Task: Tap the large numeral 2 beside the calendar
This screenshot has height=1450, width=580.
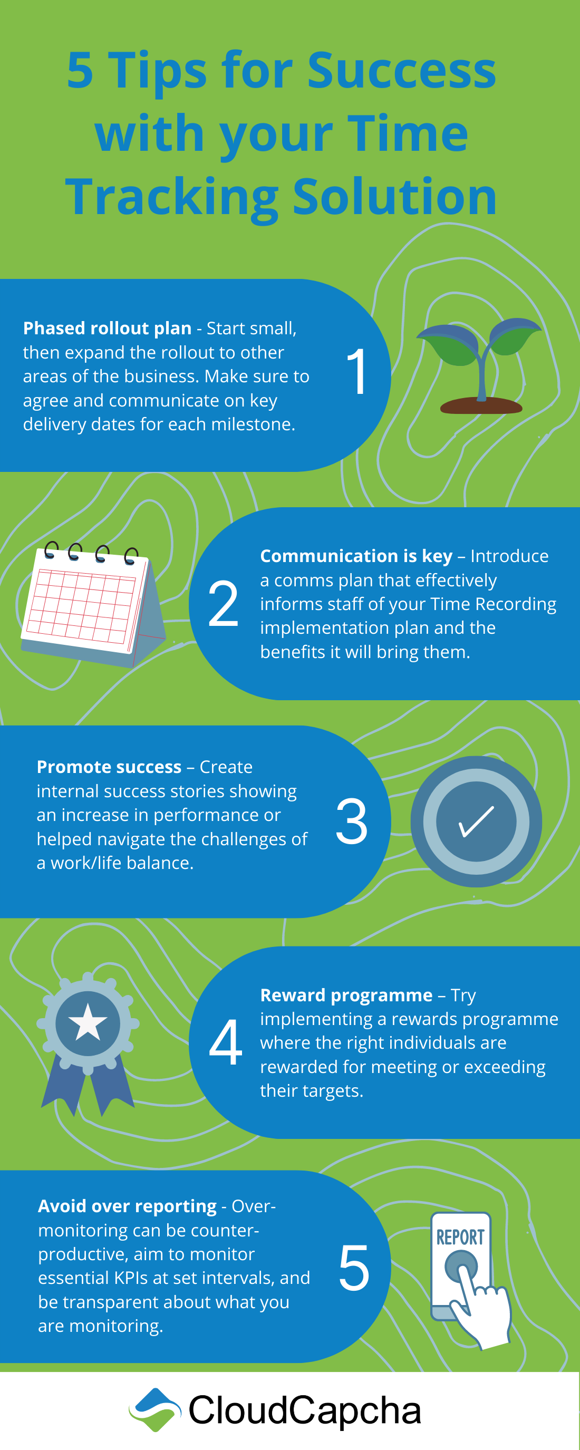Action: click(x=223, y=603)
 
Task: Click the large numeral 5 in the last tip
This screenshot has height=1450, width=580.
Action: click(x=354, y=1268)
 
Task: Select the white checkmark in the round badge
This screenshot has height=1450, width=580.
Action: click(x=476, y=822)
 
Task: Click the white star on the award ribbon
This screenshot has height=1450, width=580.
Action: click(x=88, y=1022)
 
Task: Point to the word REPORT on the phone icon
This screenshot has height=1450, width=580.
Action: click(x=461, y=1237)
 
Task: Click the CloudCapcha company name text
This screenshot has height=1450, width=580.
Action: click(x=305, y=1410)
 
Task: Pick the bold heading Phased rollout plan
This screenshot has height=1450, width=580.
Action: click(x=107, y=328)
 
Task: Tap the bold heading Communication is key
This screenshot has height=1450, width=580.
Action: click(x=356, y=556)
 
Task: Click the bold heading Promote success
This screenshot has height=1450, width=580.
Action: click(x=109, y=767)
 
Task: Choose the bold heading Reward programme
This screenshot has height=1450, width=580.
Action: click(x=346, y=995)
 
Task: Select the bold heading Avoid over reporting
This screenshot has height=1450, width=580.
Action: click(x=127, y=1206)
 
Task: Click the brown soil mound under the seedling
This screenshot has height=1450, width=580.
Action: click(x=481, y=405)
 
